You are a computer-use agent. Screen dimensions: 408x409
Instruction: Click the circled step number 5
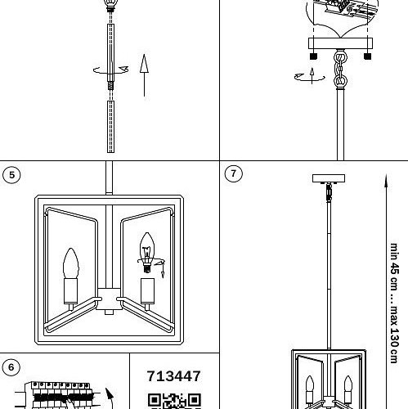coord(11,175)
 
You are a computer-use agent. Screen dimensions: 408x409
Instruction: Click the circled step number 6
coord(11,367)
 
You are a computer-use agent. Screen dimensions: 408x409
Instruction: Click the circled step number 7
coord(233,173)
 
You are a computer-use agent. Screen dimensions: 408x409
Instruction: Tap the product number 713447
coord(174,376)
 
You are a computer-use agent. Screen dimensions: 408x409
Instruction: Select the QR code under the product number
coord(174,401)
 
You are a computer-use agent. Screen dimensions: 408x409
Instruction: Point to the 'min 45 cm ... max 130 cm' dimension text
coord(395,303)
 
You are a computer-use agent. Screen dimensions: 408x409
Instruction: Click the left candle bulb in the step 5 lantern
coord(71,263)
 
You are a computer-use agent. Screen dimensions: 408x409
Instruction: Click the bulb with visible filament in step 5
coord(147,252)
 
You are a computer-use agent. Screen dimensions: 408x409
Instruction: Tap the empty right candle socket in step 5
coord(147,291)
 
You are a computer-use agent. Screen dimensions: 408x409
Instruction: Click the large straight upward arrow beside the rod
coord(144,75)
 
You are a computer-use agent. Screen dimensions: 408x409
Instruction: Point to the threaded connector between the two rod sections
coord(110,86)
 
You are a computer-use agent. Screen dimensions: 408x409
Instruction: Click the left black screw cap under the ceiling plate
coord(314,56)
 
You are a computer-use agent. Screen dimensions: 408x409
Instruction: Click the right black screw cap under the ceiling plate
coord(367,56)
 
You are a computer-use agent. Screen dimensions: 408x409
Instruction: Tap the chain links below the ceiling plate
coord(340,70)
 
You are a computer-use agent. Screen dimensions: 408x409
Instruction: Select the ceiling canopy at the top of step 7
coord(329,178)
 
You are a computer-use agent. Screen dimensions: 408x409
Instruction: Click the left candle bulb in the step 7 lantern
coord(310,384)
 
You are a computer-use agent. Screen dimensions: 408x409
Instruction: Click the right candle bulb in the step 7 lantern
coord(348,384)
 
